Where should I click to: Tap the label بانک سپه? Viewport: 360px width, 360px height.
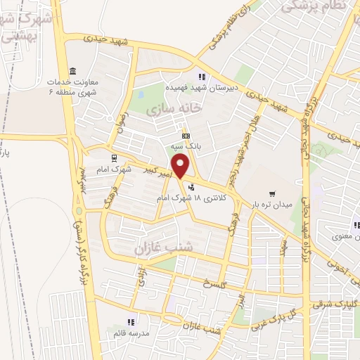184,146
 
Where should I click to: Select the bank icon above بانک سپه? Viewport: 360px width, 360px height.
185,135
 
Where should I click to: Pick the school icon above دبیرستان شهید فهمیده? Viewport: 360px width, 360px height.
201,77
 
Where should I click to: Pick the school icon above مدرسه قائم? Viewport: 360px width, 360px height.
131,322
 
